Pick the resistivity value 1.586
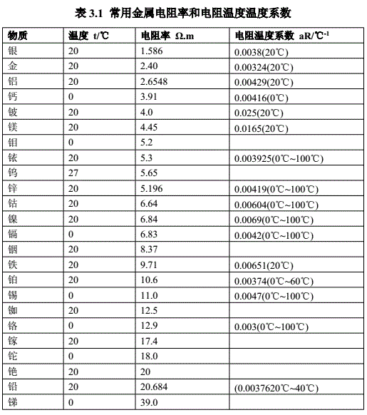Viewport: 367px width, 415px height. (153, 51)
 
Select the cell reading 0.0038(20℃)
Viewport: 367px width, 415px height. (261, 52)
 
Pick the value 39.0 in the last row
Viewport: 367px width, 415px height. (150, 402)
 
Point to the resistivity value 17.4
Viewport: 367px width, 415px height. (150, 341)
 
